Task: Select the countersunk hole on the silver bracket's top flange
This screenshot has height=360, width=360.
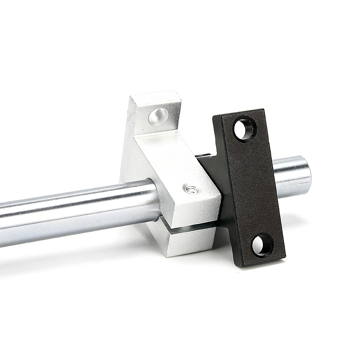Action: [158, 116]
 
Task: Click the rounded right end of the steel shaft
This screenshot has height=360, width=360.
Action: [307, 175]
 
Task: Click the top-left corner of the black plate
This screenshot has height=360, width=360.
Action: [215, 117]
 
